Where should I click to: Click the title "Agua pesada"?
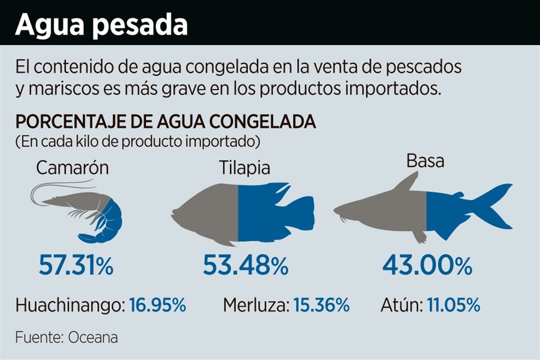pos(101,25)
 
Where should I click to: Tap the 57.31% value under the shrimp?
pos(76,265)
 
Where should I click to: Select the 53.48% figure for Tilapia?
pos(245,265)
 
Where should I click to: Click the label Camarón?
pos(72,168)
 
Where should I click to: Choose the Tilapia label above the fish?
pos(245,168)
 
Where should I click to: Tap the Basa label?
pos(425,161)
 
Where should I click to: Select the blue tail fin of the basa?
pos(495,208)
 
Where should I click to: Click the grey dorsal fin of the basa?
pos(408,183)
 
